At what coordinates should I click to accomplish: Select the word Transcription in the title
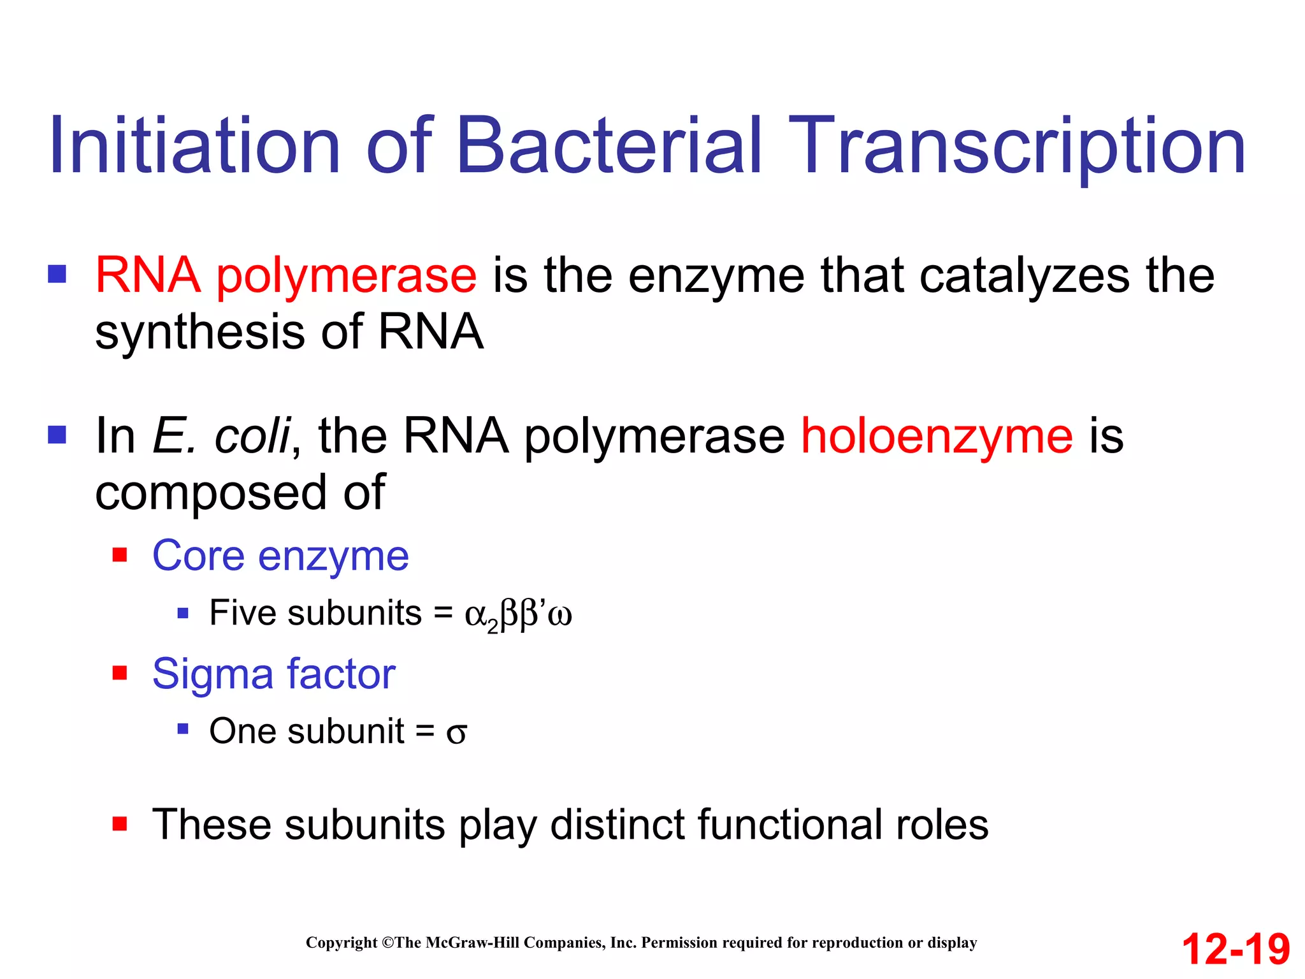pyautogui.click(x=1020, y=148)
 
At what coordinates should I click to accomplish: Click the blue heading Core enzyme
pyautogui.click(x=280, y=556)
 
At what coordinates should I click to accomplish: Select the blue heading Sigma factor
pyautogui.click(x=274, y=674)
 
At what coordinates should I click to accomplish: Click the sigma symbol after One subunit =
pyautogui.click(x=456, y=733)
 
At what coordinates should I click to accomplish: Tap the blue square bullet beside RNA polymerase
pyautogui.click(x=57, y=274)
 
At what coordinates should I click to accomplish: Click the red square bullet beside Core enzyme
pyautogui.click(x=120, y=555)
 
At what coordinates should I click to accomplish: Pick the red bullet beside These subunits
pyautogui.click(x=120, y=824)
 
